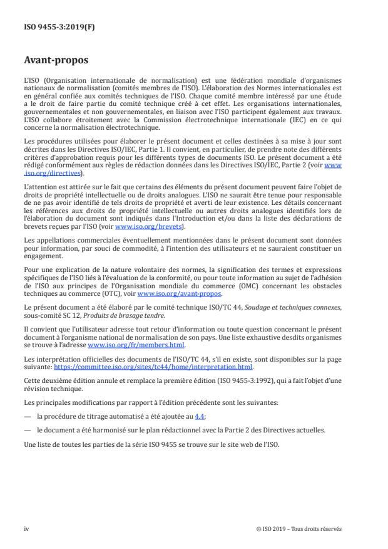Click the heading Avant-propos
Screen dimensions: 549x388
(x=56, y=61)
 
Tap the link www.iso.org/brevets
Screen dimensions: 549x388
(x=136, y=209)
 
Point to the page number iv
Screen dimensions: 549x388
(x=26, y=528)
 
